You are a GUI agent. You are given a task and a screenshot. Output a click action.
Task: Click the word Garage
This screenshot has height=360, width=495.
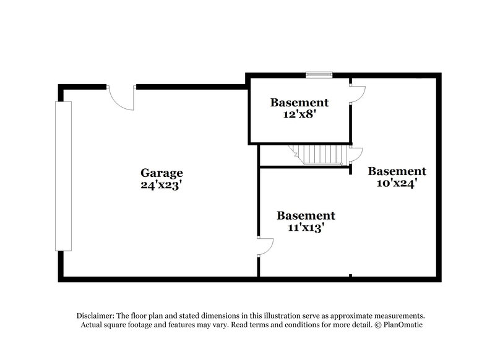click(161, 173)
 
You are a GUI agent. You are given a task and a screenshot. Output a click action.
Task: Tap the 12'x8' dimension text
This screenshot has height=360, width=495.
click(299, 114)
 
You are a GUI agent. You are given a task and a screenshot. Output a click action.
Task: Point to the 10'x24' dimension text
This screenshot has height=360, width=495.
click(397, 183)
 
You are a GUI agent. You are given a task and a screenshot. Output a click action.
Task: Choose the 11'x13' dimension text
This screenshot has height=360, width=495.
click(306, 227)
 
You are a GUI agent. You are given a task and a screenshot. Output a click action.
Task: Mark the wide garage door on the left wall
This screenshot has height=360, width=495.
click(63, 176)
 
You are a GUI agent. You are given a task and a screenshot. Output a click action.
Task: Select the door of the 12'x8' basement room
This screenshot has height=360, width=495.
click(358, 93)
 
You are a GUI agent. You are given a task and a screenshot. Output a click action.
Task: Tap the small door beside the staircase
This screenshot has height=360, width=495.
click(356, 155)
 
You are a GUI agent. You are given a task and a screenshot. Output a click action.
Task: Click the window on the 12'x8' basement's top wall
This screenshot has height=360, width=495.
click(320, 75)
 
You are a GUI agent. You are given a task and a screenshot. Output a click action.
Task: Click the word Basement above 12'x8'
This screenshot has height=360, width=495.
click(299, 103)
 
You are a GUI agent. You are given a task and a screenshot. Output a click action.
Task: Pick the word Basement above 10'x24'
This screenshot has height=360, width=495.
click(397, 171)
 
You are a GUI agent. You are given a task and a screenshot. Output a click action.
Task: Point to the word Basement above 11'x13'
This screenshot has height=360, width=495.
click(306, 216)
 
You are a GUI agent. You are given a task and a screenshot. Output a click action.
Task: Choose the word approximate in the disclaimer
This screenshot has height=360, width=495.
click(359, 315)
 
